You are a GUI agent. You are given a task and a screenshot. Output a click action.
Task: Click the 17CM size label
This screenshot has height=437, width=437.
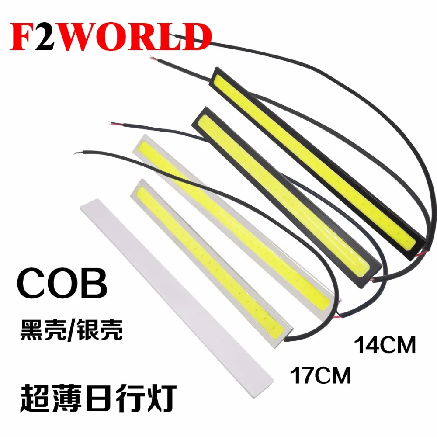pyautogui.click(x=321, y=375)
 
